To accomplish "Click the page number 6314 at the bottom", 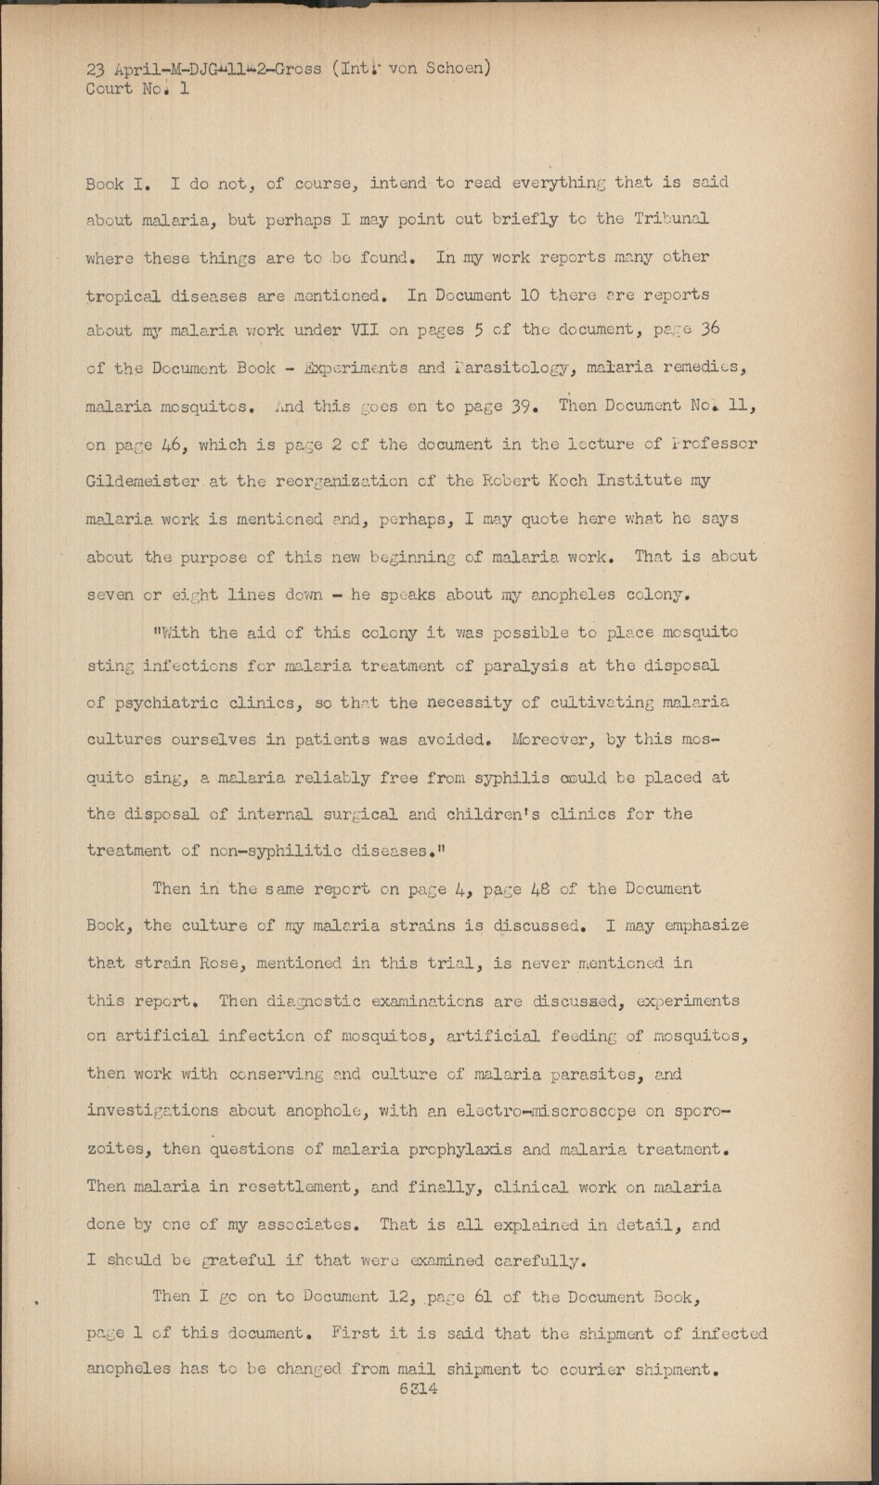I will tap(418, 1389).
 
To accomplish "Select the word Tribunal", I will tap(671, 219).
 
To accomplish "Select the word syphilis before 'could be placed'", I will tap(511, 778).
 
